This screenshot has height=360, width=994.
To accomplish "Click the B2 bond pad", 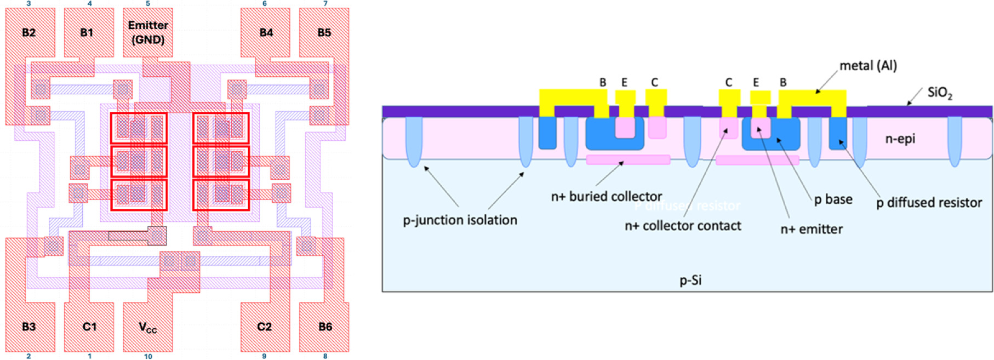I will [29, 33].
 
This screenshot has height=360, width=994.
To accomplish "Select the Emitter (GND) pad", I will [147, 32].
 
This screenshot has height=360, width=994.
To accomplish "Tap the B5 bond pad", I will [324, 33].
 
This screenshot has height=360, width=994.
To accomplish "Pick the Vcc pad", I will [147, 328].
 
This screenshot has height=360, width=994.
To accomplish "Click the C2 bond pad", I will [265, 327].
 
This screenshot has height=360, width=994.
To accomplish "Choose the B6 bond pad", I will [324, 327].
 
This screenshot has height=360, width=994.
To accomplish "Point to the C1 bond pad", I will [89, 327].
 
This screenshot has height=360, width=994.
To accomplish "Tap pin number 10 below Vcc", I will [148, 356].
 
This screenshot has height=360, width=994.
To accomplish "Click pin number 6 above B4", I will [265, 4].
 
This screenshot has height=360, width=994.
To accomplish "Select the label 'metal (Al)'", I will [868, 66].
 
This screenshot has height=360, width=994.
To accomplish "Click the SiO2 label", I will [940, 93].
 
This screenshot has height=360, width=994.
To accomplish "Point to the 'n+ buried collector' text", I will [607, 196].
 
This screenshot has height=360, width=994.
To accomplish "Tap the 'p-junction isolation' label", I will [460, 220].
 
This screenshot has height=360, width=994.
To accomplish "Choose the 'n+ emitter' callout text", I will [812, 229].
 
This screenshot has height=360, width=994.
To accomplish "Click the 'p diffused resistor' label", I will [929, 203].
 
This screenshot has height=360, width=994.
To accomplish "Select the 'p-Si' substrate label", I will [690, 281].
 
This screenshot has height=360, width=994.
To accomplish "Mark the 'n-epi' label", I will [900, 139].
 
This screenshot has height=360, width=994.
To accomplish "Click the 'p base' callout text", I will [833, 199].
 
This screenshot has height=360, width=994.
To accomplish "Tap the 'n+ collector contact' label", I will [683, 226].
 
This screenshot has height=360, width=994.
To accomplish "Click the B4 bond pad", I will [266, 33].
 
